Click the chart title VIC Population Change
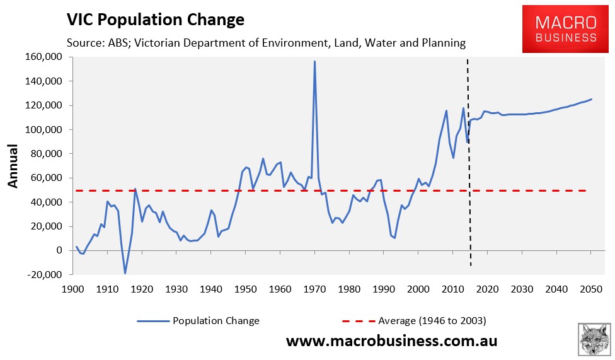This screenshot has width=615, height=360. [155, 20]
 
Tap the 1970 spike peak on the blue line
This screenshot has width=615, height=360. [314, 62]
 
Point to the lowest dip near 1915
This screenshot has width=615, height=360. [125, 273]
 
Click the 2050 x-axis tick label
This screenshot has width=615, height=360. [591, 289]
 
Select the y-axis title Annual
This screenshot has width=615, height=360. [13, 166]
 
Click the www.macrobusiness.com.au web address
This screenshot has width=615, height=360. [392, 341]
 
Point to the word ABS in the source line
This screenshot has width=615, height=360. [115, 43]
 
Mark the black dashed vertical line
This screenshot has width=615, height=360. [468, 158]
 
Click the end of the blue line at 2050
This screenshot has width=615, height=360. [591, 99]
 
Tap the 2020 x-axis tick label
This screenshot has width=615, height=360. [487, 289]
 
